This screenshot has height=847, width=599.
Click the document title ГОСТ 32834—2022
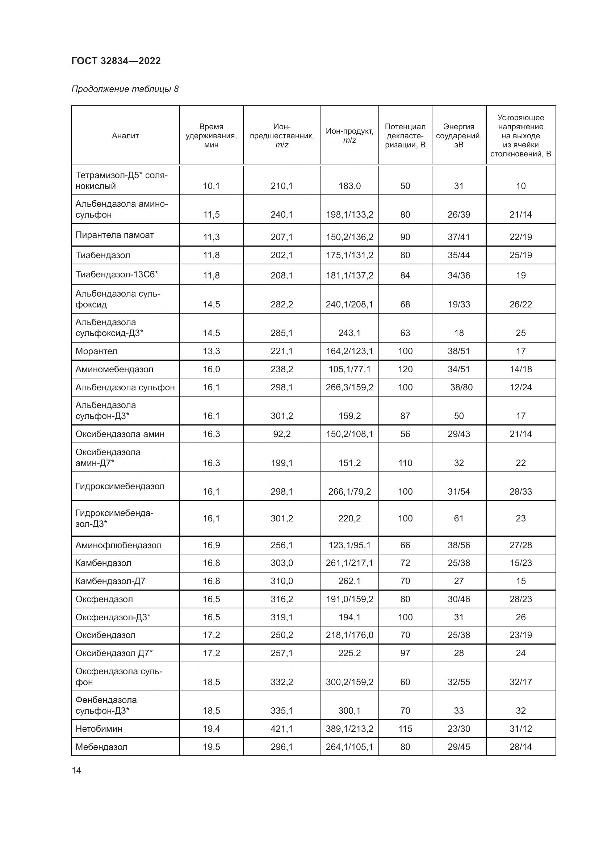coord(116,61)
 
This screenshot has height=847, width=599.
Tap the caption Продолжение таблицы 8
coord(125,89)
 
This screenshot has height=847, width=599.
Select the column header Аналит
coord(125,136)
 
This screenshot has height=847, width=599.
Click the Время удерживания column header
coord(211,136)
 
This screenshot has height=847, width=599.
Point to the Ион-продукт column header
coord(349,135)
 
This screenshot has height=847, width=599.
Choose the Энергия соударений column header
coord(458,136)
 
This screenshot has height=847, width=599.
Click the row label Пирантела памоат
coord(114,235)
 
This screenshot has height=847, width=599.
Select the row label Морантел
coord(96,351)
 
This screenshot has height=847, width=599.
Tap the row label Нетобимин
coord(99,729)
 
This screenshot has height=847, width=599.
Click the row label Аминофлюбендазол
coord(118,545)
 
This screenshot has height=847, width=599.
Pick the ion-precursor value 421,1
coord(281,729)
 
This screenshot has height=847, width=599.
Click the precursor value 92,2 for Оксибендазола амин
coord(281,434)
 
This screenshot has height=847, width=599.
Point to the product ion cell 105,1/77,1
coord(349,369)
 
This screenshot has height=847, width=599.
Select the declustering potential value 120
coord(405,369)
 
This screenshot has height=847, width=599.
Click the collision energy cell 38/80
coord(461,387)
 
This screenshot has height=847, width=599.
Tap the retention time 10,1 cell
coord(211,186)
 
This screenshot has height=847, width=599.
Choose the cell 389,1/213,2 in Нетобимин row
coord(349,729)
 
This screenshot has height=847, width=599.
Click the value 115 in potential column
coord(405,729)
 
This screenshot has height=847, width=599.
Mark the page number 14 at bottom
coord(76,770)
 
